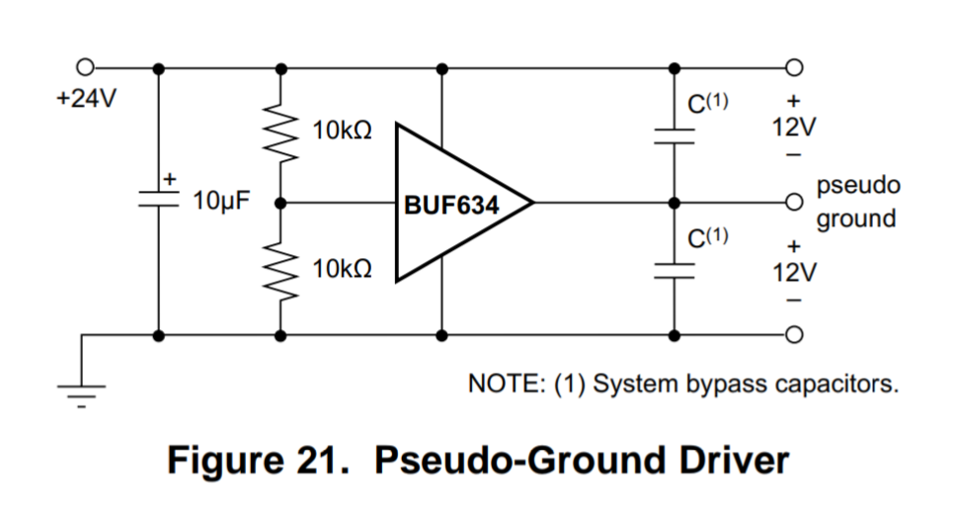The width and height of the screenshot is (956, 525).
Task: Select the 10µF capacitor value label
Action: point(222,203)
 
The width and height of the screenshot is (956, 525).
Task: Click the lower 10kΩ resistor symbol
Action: point(281,270)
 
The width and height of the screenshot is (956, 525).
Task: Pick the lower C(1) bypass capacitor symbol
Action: point(675,271)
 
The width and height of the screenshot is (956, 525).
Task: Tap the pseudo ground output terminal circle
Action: point(792,203)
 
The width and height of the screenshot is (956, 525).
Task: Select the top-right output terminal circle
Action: point(792,67)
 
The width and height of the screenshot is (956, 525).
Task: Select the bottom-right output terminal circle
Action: point(792,335)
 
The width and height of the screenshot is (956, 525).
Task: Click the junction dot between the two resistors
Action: point(281,203)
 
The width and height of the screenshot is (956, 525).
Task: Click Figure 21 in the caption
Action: point(260,461)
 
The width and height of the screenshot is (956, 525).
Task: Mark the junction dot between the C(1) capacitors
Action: point(675,203)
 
